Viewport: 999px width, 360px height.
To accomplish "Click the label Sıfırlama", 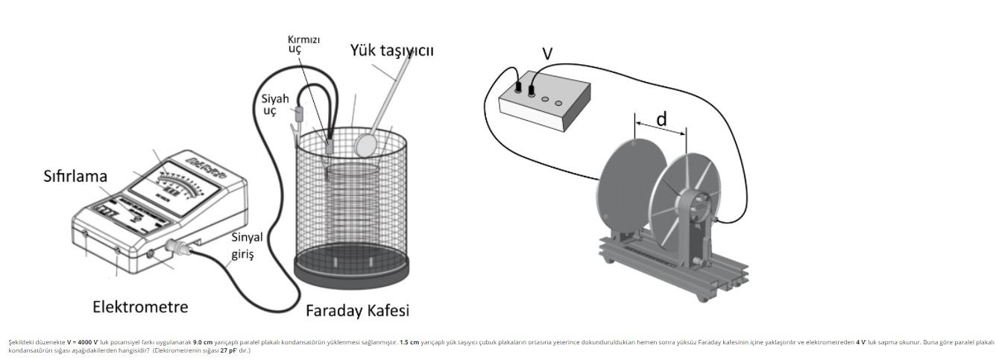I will point(75,177).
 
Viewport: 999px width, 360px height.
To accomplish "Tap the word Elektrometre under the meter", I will point(140,307).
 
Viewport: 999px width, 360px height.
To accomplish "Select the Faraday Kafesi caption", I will point(357,311).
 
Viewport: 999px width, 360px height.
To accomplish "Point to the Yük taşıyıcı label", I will point(391,51).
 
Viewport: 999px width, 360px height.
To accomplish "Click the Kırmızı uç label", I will point(303,44).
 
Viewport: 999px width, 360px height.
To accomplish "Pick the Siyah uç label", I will point(274,105).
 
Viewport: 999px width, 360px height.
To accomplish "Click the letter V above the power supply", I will point(547,54).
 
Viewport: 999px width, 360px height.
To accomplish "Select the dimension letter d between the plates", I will point(661,119).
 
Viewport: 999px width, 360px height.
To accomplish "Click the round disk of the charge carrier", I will point(365,144).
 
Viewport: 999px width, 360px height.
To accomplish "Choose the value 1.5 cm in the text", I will point(409,342).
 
